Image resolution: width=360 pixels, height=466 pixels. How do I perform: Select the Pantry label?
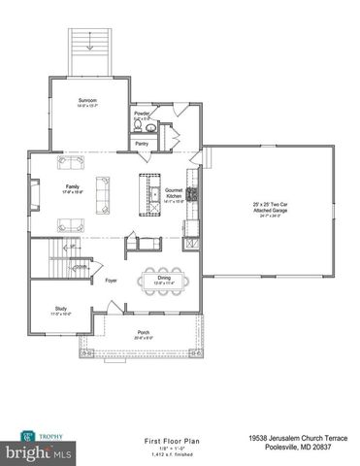pyautogui.click(x=142, y=144)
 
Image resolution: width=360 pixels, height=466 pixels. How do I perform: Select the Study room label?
pyautogui.click(x=60, y=311)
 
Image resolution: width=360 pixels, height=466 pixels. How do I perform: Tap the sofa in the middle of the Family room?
pyautogui.click(x=102, y=186)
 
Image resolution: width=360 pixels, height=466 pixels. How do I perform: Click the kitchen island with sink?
pyautogui.click(x=149, y=193)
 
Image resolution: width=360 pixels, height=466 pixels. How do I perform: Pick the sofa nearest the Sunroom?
pyautogui.click(x=71, y=161)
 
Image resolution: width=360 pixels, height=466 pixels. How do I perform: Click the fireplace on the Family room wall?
pyautogui.click(x=32, y=195)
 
